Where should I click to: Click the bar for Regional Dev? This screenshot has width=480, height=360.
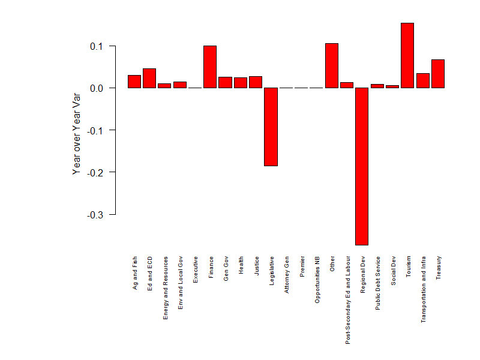[362, 166]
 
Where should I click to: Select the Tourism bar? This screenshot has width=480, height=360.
[407, 55]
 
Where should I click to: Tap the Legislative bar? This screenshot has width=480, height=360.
[271, 127]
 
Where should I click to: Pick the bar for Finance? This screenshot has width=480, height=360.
[210, 67]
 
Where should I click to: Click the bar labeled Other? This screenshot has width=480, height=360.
[332, 65]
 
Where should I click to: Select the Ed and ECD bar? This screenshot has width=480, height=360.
[149, 78]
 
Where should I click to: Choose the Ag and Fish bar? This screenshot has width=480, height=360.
[134, 82]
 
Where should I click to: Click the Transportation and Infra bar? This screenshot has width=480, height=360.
[423, 80]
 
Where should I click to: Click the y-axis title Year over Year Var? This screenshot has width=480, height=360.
[76, 133]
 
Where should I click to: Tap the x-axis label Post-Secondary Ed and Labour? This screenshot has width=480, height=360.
[347, 299]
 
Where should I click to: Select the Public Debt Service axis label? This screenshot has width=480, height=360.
[377, 283]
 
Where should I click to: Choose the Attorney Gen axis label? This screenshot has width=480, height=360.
[286, 275]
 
